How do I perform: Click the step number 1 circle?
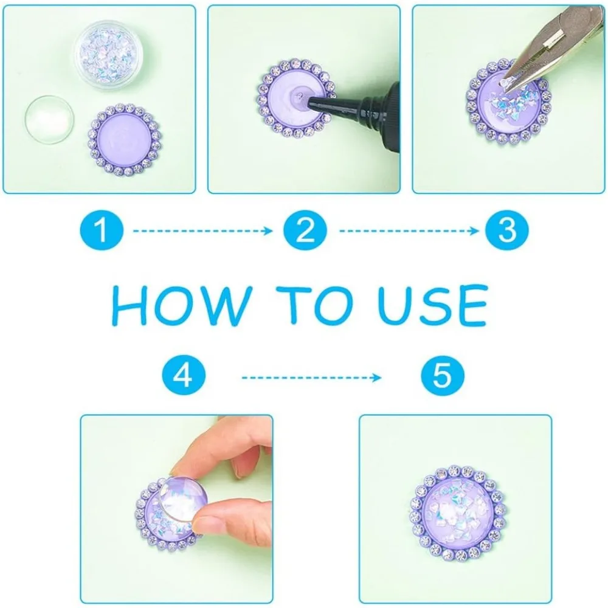tap(102, 230)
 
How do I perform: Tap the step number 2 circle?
tap(305, 230)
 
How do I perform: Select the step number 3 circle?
tap(507, 230)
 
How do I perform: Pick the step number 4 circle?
tap(184, 375)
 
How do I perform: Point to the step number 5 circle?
tap(443, 375)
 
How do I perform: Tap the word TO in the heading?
tap(314, 306)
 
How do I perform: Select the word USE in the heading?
tap(433, 306)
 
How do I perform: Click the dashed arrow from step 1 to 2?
tap(203, 231)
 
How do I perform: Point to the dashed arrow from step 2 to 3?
tap(409, 231)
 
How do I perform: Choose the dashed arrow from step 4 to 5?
tap(311, 378)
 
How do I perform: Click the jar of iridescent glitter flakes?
tap(108, 55)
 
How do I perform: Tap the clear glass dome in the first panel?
tap(49, 119)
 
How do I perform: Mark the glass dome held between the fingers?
tap(184, 500)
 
